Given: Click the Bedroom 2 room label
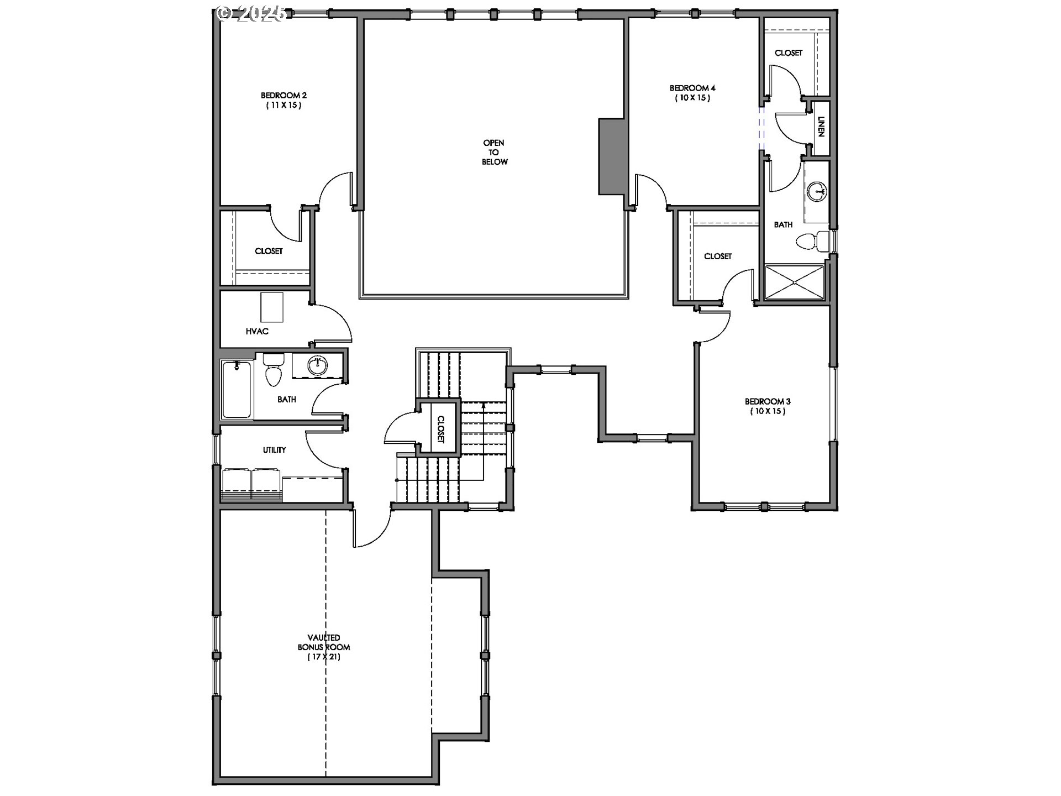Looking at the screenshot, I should [283, 100].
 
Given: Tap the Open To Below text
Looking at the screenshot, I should [494, 152].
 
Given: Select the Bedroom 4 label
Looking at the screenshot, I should [692, 92].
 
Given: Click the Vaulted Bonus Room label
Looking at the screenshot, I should [324, 647].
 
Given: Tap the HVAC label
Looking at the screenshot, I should [257, 331].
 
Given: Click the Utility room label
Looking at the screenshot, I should [274, 449].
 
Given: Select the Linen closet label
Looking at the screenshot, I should [821, 127].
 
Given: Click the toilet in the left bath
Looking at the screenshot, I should [273, 370].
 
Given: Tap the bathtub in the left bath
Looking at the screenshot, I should [237, 390].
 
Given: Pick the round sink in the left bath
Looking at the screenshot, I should [317, 365].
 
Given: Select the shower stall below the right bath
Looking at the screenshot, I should [794, 282].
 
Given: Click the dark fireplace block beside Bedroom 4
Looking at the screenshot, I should [611, 156].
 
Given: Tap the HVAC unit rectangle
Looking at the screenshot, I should [271, 308].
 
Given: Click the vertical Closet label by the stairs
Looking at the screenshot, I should [440, 429].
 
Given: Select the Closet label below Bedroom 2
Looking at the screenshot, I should [269, 251].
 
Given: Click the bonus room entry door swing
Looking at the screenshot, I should [371, 528].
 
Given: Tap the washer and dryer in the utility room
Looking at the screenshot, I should [252, 483].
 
